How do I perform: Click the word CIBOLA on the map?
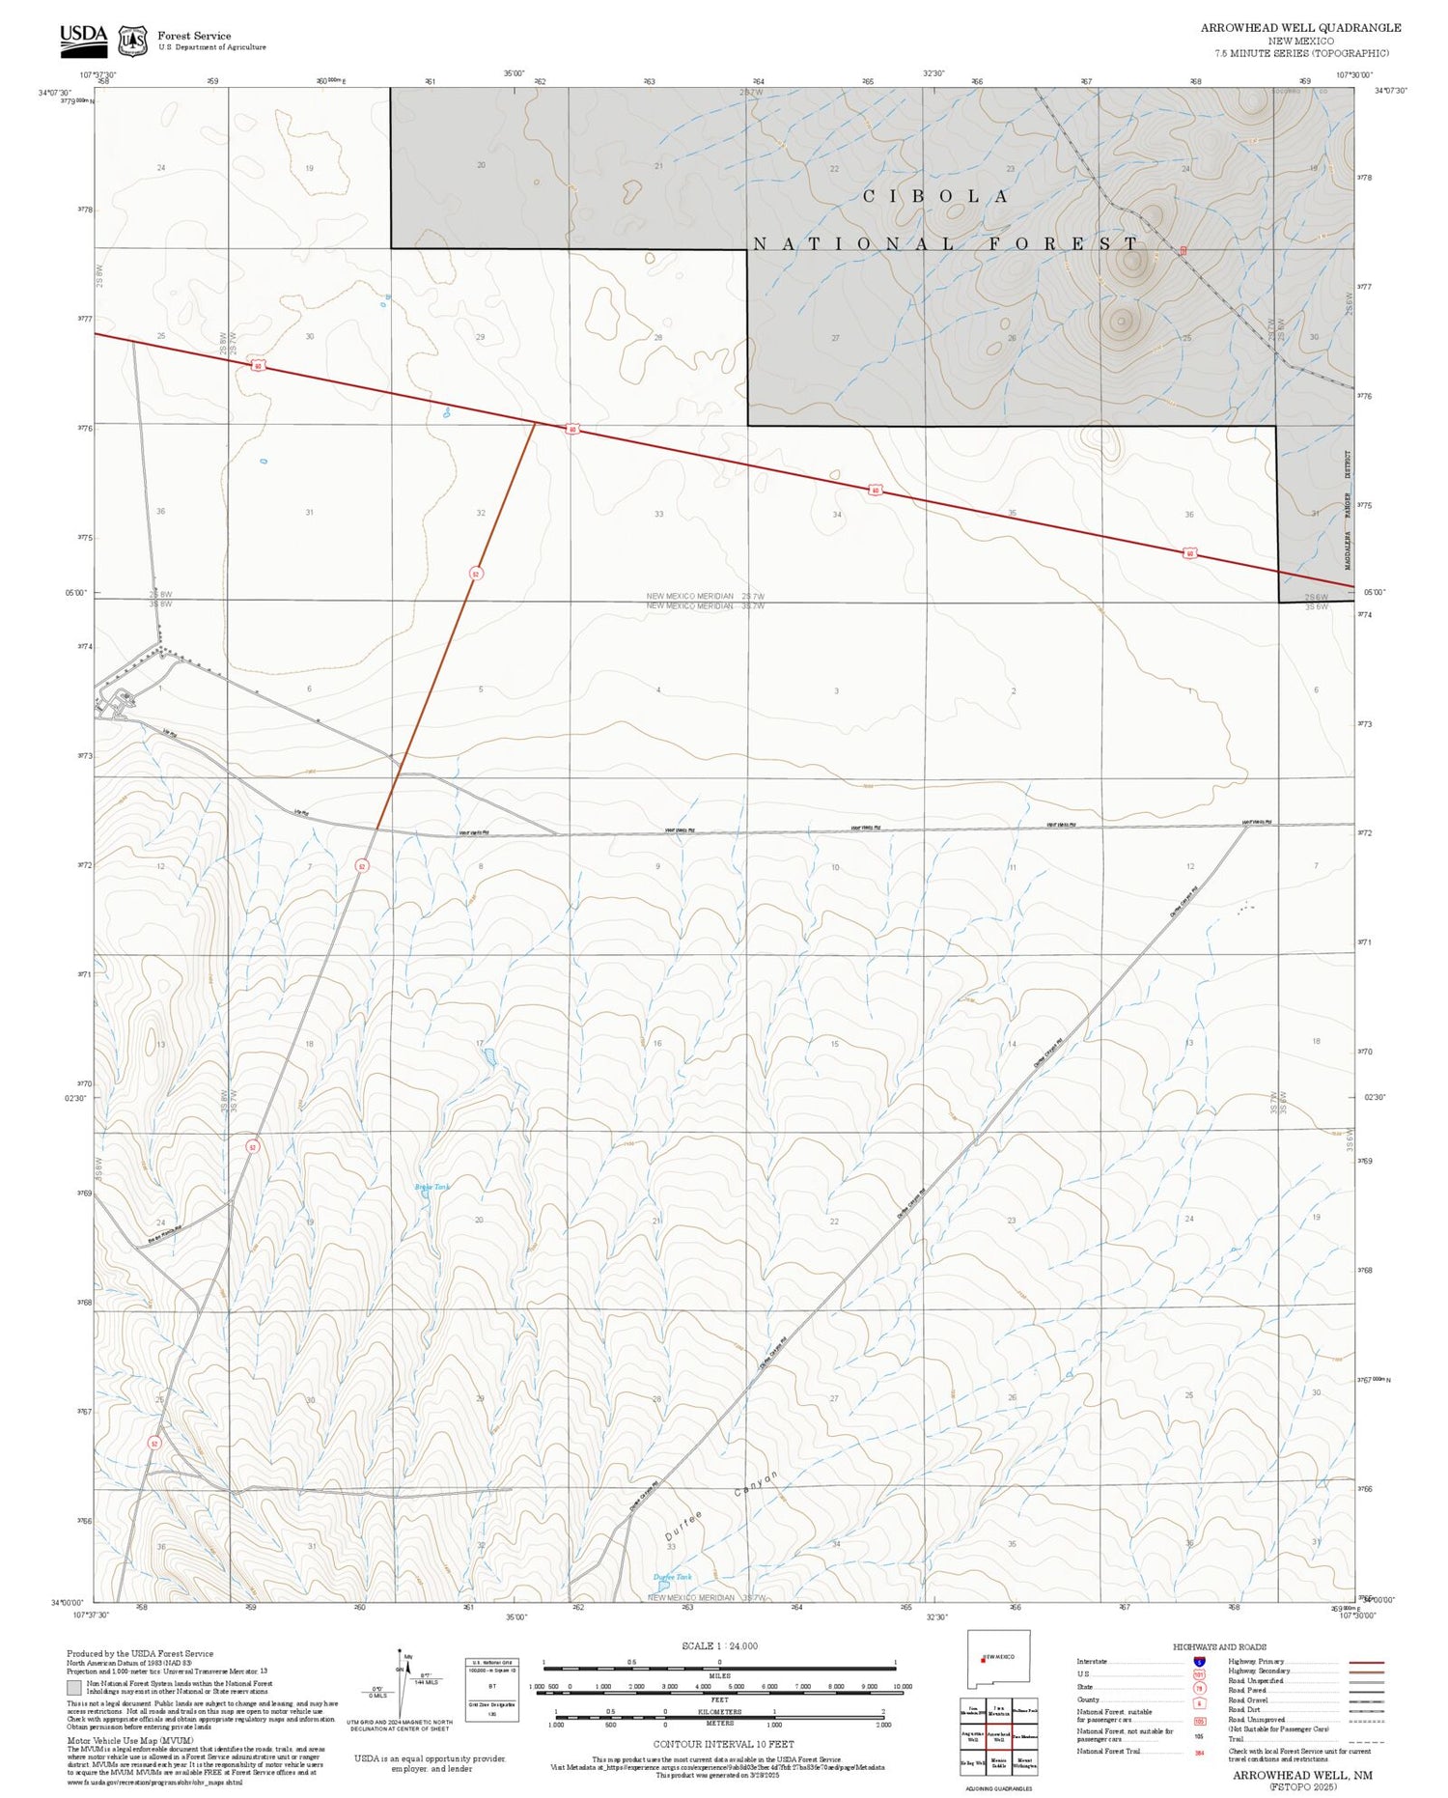coord(935,196)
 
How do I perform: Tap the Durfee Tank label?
coord(673,1577)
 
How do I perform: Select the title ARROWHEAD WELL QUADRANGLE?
coord(1300,28)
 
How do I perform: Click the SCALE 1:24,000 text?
coord(719,1645)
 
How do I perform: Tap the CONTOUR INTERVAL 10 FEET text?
coord(723,1744)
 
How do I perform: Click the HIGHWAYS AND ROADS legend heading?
coord(1219,1647)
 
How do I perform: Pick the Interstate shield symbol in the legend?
coord(1199,1662)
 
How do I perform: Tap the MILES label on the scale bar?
coord(719,1675)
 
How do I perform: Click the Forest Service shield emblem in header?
coord(132,41)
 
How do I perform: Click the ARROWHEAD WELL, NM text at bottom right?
coord(1302,1775)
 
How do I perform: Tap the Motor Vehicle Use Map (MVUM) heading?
coord(130,1740)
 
